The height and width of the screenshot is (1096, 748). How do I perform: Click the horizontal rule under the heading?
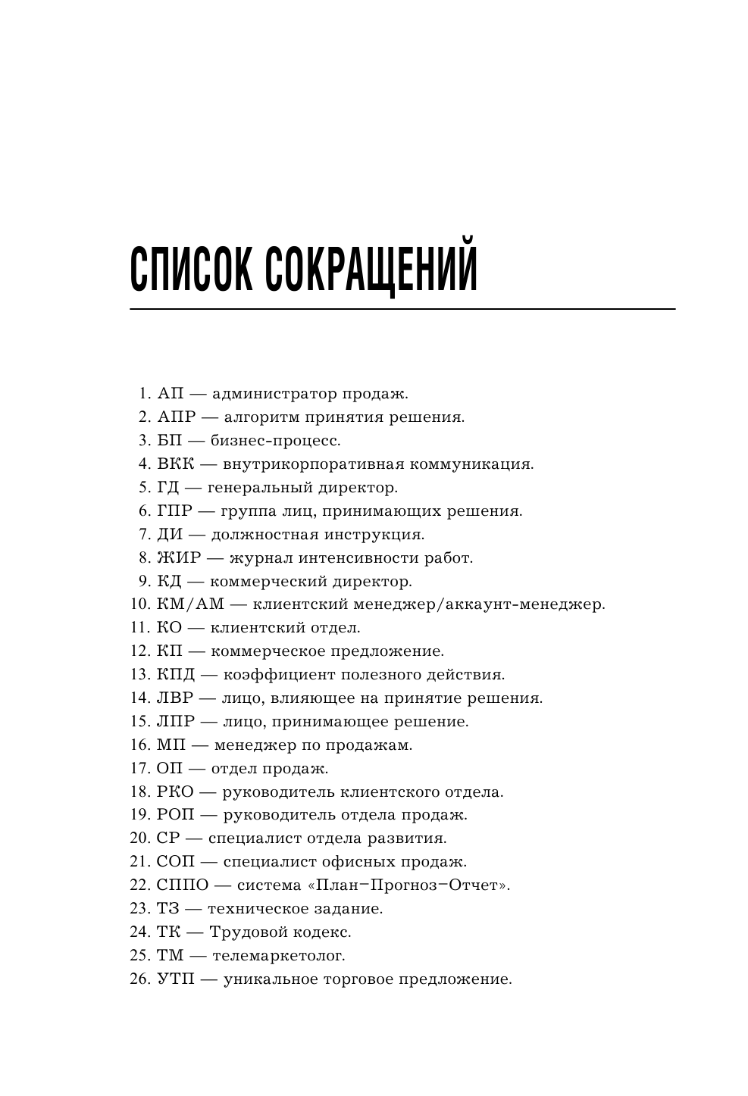tap(402, 309)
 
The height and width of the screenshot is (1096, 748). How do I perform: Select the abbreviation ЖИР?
tap(179, 558)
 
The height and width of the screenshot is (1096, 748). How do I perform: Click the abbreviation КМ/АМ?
tap(192, 605)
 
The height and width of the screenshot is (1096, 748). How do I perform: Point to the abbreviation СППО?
tap(182, 885)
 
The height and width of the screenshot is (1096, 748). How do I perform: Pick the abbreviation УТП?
tap(176, 979)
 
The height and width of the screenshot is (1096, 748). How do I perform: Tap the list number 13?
tap(140, 675)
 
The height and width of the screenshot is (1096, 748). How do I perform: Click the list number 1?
tap(144, 394)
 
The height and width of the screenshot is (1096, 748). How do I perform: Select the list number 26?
tap(140, 979)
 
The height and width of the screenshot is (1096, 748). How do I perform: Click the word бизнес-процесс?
tap(275, 441)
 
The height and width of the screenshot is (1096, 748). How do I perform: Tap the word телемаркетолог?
tap(278, 956)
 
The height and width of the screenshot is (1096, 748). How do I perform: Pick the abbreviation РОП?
tap(176, 815)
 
